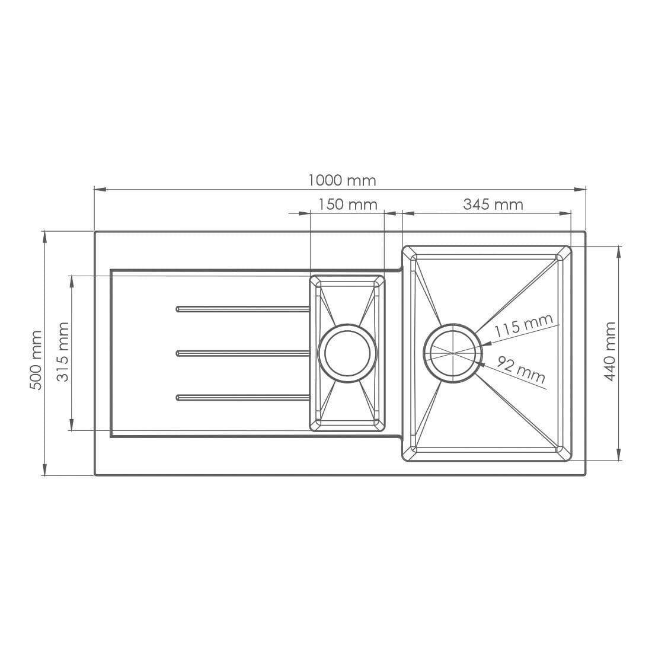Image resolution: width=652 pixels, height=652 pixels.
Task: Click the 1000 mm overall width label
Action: tap(342, 180)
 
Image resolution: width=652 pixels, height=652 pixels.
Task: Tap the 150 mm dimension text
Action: tap(347, 204)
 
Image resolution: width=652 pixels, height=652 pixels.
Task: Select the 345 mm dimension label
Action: tap(493, 204)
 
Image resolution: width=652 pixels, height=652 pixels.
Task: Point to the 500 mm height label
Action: tap(36, 360)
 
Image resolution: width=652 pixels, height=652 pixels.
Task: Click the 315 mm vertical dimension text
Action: tap(62, 351)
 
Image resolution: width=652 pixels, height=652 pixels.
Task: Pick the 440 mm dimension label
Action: tap(610, 351)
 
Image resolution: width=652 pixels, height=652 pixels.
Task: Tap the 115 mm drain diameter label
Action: tap(523, 325)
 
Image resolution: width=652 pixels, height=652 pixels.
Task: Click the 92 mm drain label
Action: tap(521, 369)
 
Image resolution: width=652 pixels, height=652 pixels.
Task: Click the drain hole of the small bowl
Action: tap(347, 353)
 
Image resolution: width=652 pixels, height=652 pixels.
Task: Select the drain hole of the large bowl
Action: tap(453, 353)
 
